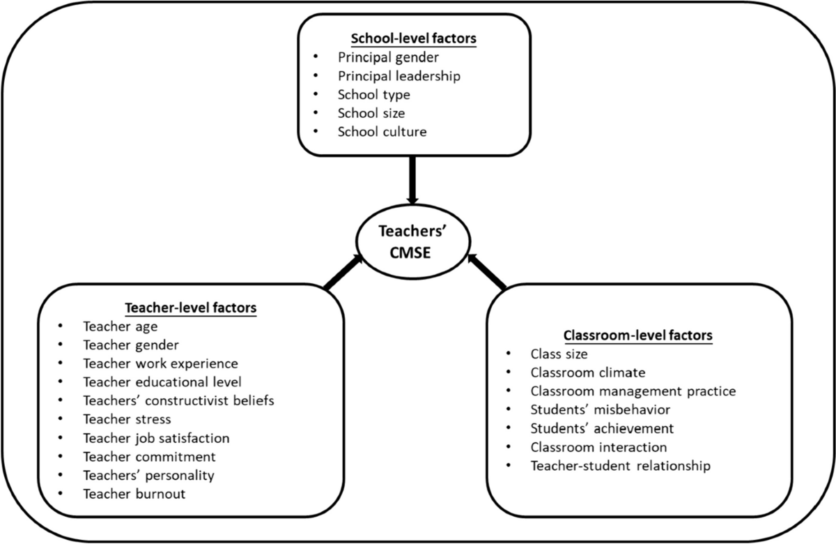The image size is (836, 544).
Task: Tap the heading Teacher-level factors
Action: tap(190, 307)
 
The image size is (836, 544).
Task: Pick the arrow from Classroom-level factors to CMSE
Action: tap(487, 273)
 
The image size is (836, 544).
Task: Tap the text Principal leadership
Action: tap(398, 75)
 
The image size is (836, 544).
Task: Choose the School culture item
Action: tap(382, 131)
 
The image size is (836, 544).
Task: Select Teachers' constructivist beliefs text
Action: tap(178, 400)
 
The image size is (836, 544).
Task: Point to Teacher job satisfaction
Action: tap(156, 438)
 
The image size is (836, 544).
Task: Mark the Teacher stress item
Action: tap(127, 419)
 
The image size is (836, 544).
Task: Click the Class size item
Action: tap(559, 354)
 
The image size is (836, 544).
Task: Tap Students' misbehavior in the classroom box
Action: tap(600, 409)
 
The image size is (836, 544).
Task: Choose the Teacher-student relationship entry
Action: tap(620, 466)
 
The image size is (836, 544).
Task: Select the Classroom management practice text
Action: tap(633, 391)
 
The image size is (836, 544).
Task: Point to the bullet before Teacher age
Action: tap(61, 326)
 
